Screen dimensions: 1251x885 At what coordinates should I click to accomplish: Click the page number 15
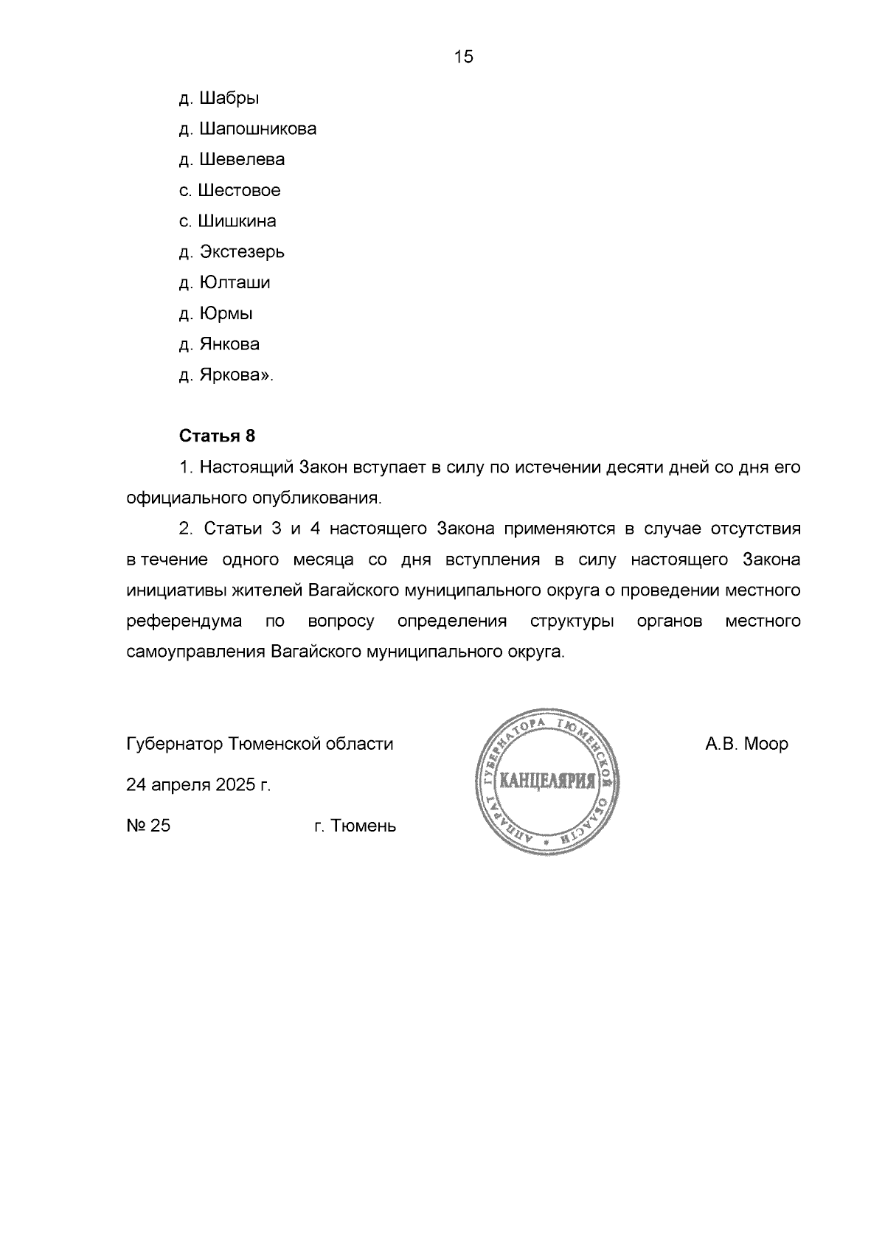pyautogui.click(x=464, y=57)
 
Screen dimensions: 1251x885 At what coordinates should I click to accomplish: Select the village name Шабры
pyautogui.click(x=229, y=98)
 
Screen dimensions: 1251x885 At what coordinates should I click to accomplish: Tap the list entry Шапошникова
pyautogui.click(x=257, y=129)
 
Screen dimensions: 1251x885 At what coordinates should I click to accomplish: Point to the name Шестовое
pyautogui.click(x=240, y=191)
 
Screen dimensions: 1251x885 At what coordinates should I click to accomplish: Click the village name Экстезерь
pyautogui.click(x=242, y=252)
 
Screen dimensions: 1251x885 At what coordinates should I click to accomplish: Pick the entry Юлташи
pyautogui.click(x=235, y=283)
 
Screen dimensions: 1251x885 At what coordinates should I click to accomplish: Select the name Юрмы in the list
pyautogui.click(x=226, y=314)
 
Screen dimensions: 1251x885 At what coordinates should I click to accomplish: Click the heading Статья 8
pyautogui.click(x=217, y=436)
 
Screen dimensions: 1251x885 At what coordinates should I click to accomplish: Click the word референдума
pyautogui.click(x=184, y=621)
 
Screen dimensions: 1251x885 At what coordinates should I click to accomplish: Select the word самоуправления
pyautogui.click(x=195, y=652)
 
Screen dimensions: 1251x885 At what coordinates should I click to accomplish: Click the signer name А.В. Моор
pyautogui.click(x=746, y=745)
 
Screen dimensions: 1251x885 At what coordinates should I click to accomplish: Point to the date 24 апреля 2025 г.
pyautogui.click(x=199, y=785)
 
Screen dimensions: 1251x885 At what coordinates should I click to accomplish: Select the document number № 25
pyautogui.click(x=148, y=826)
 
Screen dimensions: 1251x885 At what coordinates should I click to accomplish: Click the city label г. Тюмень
pyautogui.click(x=355, y=826)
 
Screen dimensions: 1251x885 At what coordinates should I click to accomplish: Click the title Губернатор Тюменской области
pyautogui.click(x=260, y=745)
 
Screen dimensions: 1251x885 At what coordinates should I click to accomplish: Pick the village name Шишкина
pyautogui.click(x=237, y=221)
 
